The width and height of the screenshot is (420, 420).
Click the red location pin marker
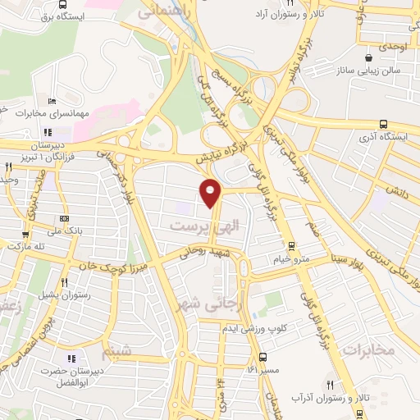point(212,192)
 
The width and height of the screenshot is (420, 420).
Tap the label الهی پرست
point(197,223)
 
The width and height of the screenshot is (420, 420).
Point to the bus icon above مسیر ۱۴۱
point(262,357)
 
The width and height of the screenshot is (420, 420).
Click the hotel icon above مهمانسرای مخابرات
point(52,102)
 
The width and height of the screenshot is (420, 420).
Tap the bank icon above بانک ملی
point(64,218)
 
